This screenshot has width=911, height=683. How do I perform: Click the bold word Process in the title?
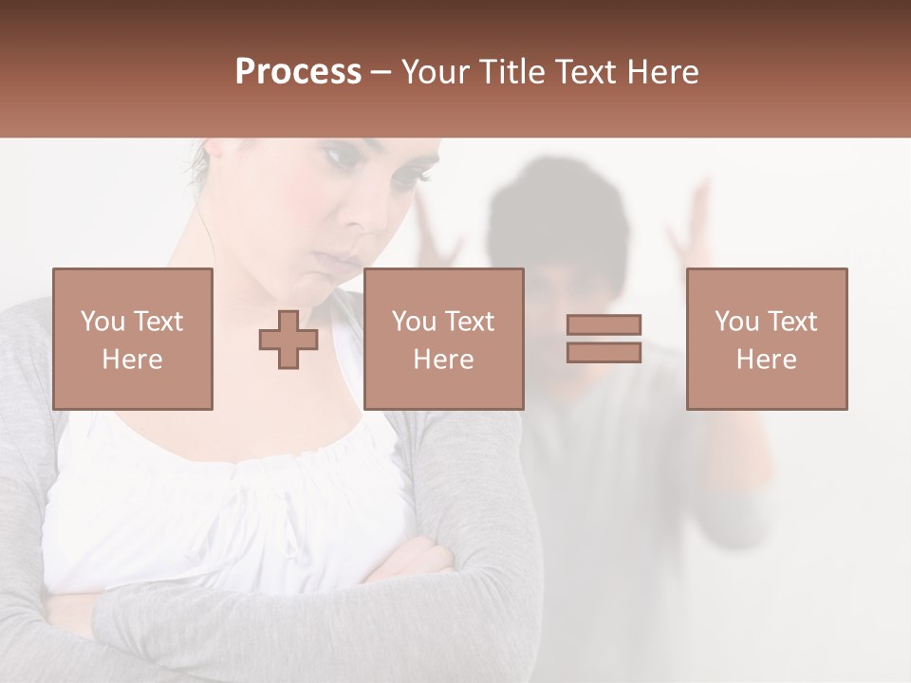click(x=298, y=72)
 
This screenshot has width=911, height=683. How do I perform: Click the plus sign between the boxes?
click(x=288, y=340)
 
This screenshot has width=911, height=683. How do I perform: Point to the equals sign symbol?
click(x=604, y=339)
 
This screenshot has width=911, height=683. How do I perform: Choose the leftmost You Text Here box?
click(x=133, y=339)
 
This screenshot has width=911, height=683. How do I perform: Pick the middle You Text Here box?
click(x=443, y=339)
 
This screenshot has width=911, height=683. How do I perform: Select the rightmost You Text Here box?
click(x=767, y=339)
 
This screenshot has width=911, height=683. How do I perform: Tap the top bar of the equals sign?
click(x=604, y=325)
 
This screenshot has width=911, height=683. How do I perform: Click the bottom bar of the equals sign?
click(x=604, y=352)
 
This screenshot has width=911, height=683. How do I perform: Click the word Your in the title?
click(x=436, y=72)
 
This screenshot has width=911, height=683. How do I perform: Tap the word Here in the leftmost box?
click(x=132, y=360)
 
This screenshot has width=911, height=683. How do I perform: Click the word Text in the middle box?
click(x=469, y=322)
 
